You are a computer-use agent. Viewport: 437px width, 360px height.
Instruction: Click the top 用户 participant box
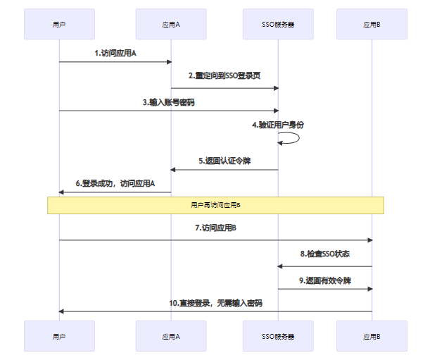pos(59,24)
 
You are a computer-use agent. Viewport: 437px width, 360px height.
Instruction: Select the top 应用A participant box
pos(171,24)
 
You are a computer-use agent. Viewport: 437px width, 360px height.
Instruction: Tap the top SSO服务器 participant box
pos(278,24)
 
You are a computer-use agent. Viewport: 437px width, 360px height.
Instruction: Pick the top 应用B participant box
pos(372,24)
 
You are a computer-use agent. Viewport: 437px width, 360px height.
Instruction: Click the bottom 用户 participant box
pos(59,337)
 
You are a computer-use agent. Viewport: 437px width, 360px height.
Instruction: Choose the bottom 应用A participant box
pos(171,337)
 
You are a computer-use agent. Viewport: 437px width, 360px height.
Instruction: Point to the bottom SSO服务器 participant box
pos(278,337)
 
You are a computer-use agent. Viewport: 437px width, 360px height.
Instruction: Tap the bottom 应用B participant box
pos(372,337)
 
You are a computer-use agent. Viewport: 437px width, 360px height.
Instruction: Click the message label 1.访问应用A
pos(115,53)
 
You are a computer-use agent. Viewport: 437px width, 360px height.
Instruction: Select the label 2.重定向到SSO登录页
pos(224,76)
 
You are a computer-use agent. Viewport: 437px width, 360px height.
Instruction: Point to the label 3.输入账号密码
pos(168,101)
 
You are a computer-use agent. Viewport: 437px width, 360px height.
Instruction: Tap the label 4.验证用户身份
pos(279,125)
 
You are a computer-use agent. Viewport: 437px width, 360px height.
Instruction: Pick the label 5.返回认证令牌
pos(224,161)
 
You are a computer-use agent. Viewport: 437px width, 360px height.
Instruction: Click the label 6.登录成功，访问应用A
pos(115,183)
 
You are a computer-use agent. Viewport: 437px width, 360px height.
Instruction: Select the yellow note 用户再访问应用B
pos(215,205)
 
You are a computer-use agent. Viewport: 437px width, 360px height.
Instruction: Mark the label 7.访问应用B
pos(215,228)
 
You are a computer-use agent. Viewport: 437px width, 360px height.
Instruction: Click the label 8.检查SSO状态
pos(325,254)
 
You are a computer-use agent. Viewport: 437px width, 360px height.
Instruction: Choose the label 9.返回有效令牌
pos(325,280)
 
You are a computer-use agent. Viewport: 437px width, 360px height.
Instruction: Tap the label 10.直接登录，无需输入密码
pos(215,302)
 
